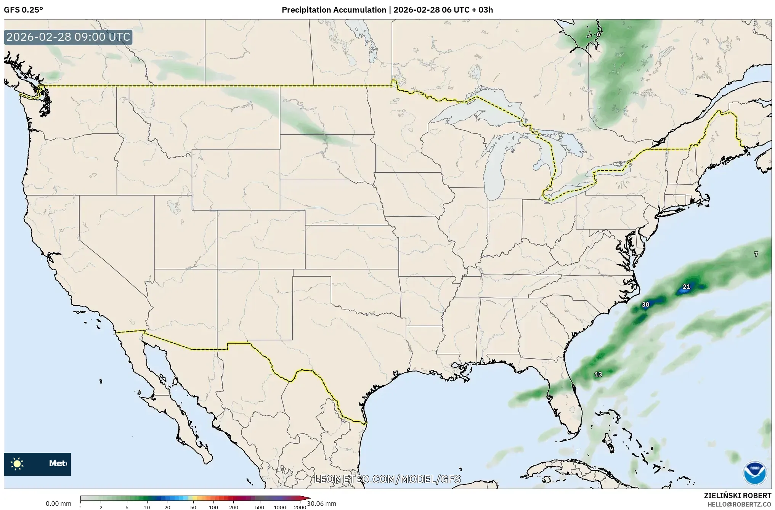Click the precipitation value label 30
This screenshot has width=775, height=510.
645,305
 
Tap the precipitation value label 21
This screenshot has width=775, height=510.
686,287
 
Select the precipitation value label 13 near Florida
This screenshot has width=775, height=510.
598,374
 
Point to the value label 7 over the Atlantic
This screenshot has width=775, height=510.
756,254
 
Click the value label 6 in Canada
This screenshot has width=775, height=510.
598,34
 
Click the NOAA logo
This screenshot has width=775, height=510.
754,473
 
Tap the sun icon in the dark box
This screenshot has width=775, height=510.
17,464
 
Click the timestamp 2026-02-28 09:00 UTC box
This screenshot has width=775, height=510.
68,37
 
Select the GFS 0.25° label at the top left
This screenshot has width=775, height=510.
23,10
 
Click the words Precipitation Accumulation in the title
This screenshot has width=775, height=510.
334,10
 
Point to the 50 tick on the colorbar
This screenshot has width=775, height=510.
193,507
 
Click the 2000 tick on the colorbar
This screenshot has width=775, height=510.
300,507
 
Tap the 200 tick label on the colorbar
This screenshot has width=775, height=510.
234,507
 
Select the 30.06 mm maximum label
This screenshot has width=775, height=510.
321,504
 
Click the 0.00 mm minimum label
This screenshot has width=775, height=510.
58,504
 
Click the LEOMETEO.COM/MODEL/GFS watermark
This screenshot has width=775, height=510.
387,479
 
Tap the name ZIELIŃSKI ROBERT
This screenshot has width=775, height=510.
737,496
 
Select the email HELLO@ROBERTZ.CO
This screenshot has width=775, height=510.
739,504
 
